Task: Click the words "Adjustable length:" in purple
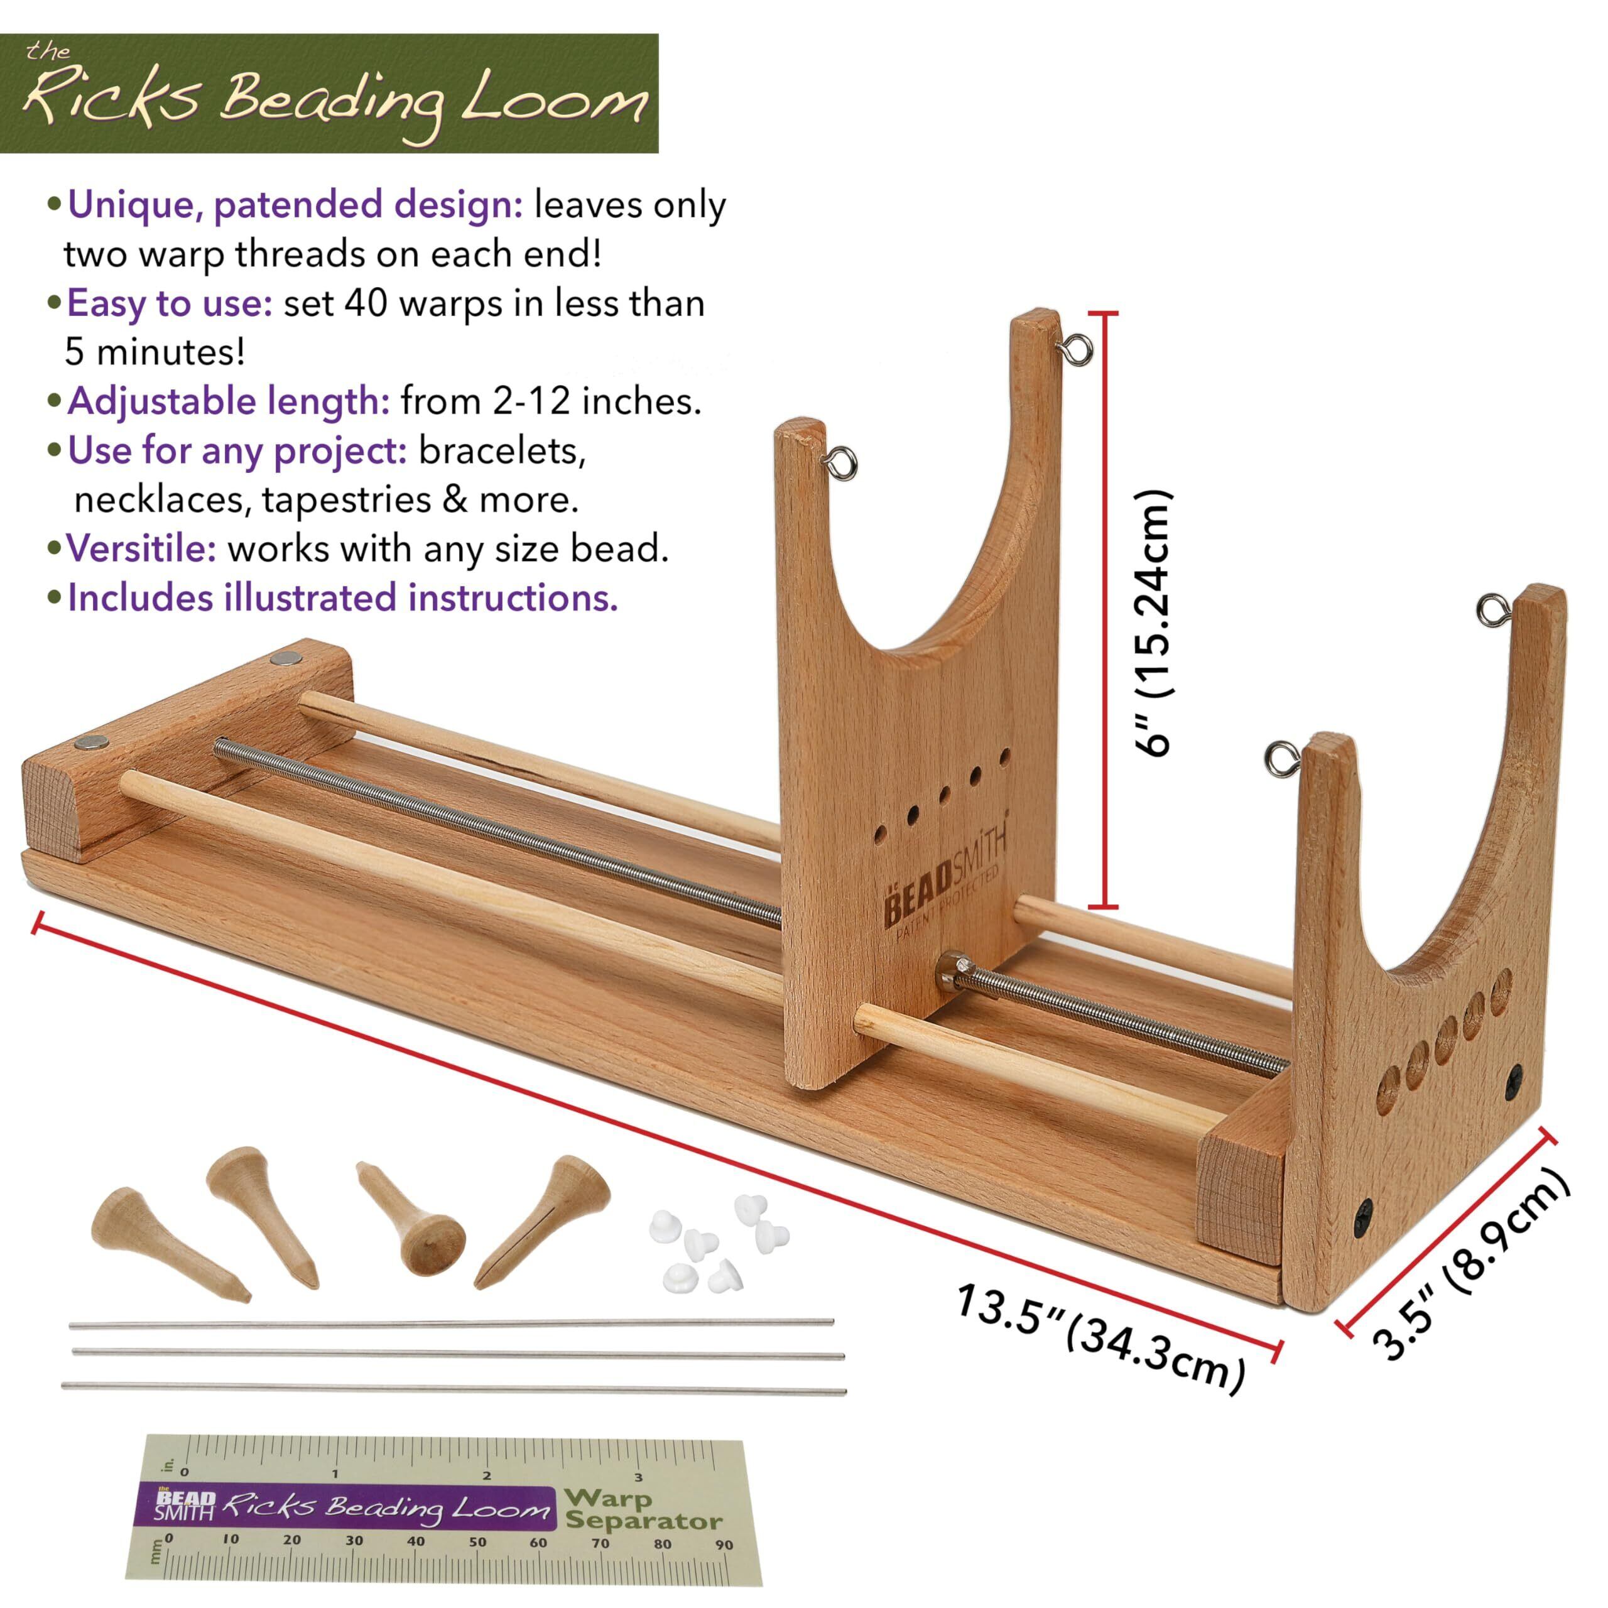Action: click(x=228, y=401)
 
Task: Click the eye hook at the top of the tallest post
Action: click(x=1078, y=350)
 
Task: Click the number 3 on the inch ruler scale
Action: click(x=638, y=1477)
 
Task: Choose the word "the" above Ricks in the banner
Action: click(x=48, y=52)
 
